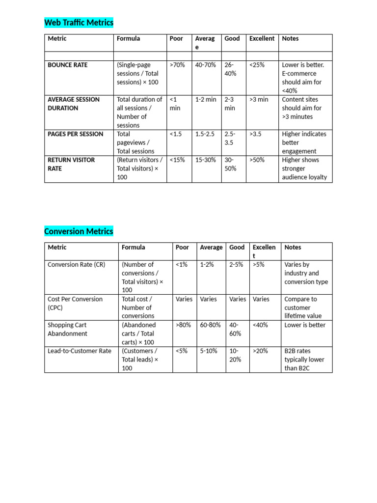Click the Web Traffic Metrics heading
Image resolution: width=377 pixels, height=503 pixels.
[79, 23]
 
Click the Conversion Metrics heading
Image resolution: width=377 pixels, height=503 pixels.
[79, 231]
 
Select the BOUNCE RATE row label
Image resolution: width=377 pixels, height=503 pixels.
[68, 65]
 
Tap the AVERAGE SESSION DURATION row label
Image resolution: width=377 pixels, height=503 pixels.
[73, 104]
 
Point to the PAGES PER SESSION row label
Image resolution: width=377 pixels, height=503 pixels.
[76, 134]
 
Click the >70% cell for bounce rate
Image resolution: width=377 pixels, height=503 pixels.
[177, 65]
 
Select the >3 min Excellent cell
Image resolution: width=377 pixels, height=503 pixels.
[259, 99]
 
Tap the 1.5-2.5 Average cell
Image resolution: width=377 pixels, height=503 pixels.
[205, 134]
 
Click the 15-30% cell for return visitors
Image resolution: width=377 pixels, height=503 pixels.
[205, 160]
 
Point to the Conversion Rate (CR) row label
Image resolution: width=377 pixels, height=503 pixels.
[76, 265]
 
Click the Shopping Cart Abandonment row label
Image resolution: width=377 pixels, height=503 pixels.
[67, 329]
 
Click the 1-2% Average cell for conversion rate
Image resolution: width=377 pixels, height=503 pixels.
[207, 265]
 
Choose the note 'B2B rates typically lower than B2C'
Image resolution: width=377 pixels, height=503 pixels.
[304, 360]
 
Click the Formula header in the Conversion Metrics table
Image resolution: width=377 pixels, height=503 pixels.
[133, 248]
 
